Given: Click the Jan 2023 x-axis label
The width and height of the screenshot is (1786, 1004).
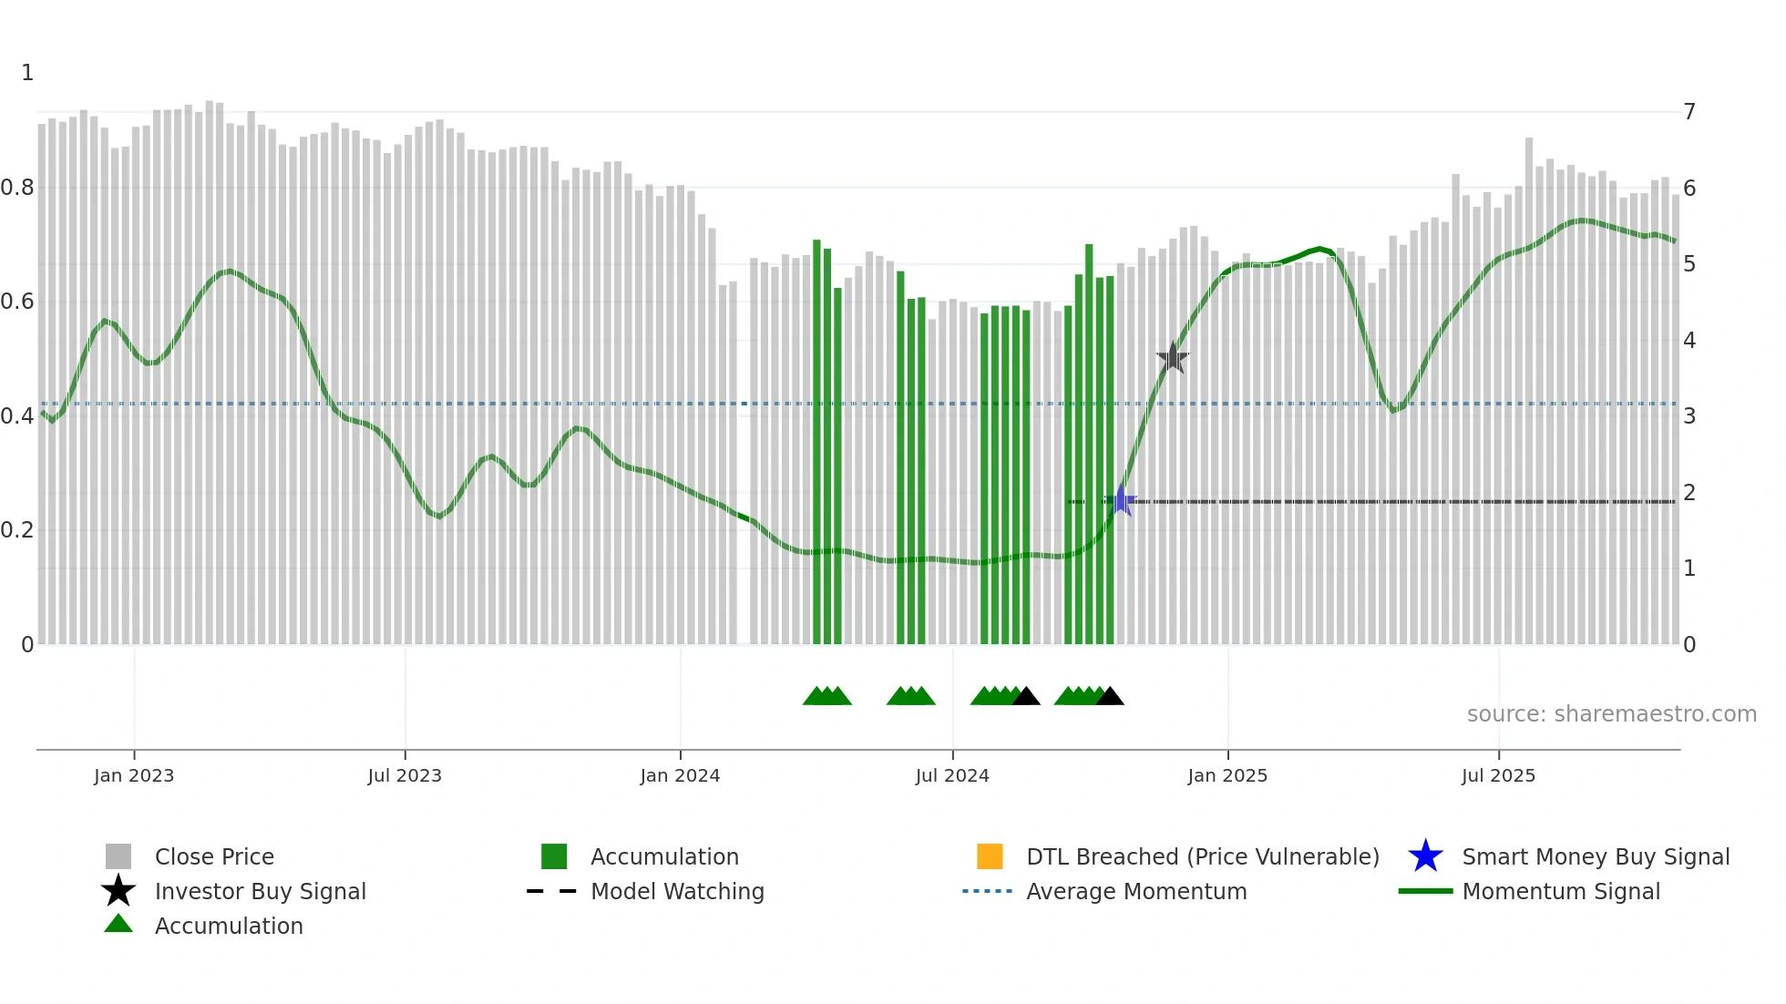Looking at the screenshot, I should (133, 775).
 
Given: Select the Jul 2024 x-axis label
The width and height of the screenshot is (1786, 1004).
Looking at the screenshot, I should (952, 775).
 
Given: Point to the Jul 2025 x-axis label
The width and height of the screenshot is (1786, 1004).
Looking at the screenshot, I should (1498, 775).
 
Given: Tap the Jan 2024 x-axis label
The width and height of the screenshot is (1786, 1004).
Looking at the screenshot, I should (680, 775).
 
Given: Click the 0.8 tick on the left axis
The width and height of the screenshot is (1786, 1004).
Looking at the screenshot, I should (17, 188).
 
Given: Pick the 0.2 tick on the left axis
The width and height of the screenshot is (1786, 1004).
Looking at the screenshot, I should (17, 530).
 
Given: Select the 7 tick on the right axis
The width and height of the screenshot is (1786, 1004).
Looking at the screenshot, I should (1689, 112).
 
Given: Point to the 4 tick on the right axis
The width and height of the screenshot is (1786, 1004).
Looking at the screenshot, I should (1689, 341).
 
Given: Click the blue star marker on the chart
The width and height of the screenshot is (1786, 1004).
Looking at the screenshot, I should (1121, 500).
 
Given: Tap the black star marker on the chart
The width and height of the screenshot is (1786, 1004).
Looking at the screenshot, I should (1173, 358).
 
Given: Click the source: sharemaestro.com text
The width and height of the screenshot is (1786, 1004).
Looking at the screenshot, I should (1611, 714).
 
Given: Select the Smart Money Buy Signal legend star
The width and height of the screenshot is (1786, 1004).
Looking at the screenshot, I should (1425, 856).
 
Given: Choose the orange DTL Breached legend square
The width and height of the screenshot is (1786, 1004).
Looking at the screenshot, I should (990, 856).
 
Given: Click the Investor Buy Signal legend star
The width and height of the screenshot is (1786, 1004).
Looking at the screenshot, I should (118, 891).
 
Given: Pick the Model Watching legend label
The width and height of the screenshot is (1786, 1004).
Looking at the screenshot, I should (677, 891).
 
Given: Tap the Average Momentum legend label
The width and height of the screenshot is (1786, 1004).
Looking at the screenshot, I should (1136, 891).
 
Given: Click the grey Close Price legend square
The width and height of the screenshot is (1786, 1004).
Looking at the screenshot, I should (118, 856).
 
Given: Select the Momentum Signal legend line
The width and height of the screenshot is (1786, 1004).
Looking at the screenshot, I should (1425, 891).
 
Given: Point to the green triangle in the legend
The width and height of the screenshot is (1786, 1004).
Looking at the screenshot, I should (118, 924).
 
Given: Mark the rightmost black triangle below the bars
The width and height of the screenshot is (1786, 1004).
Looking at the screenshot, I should (1110, 697).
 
